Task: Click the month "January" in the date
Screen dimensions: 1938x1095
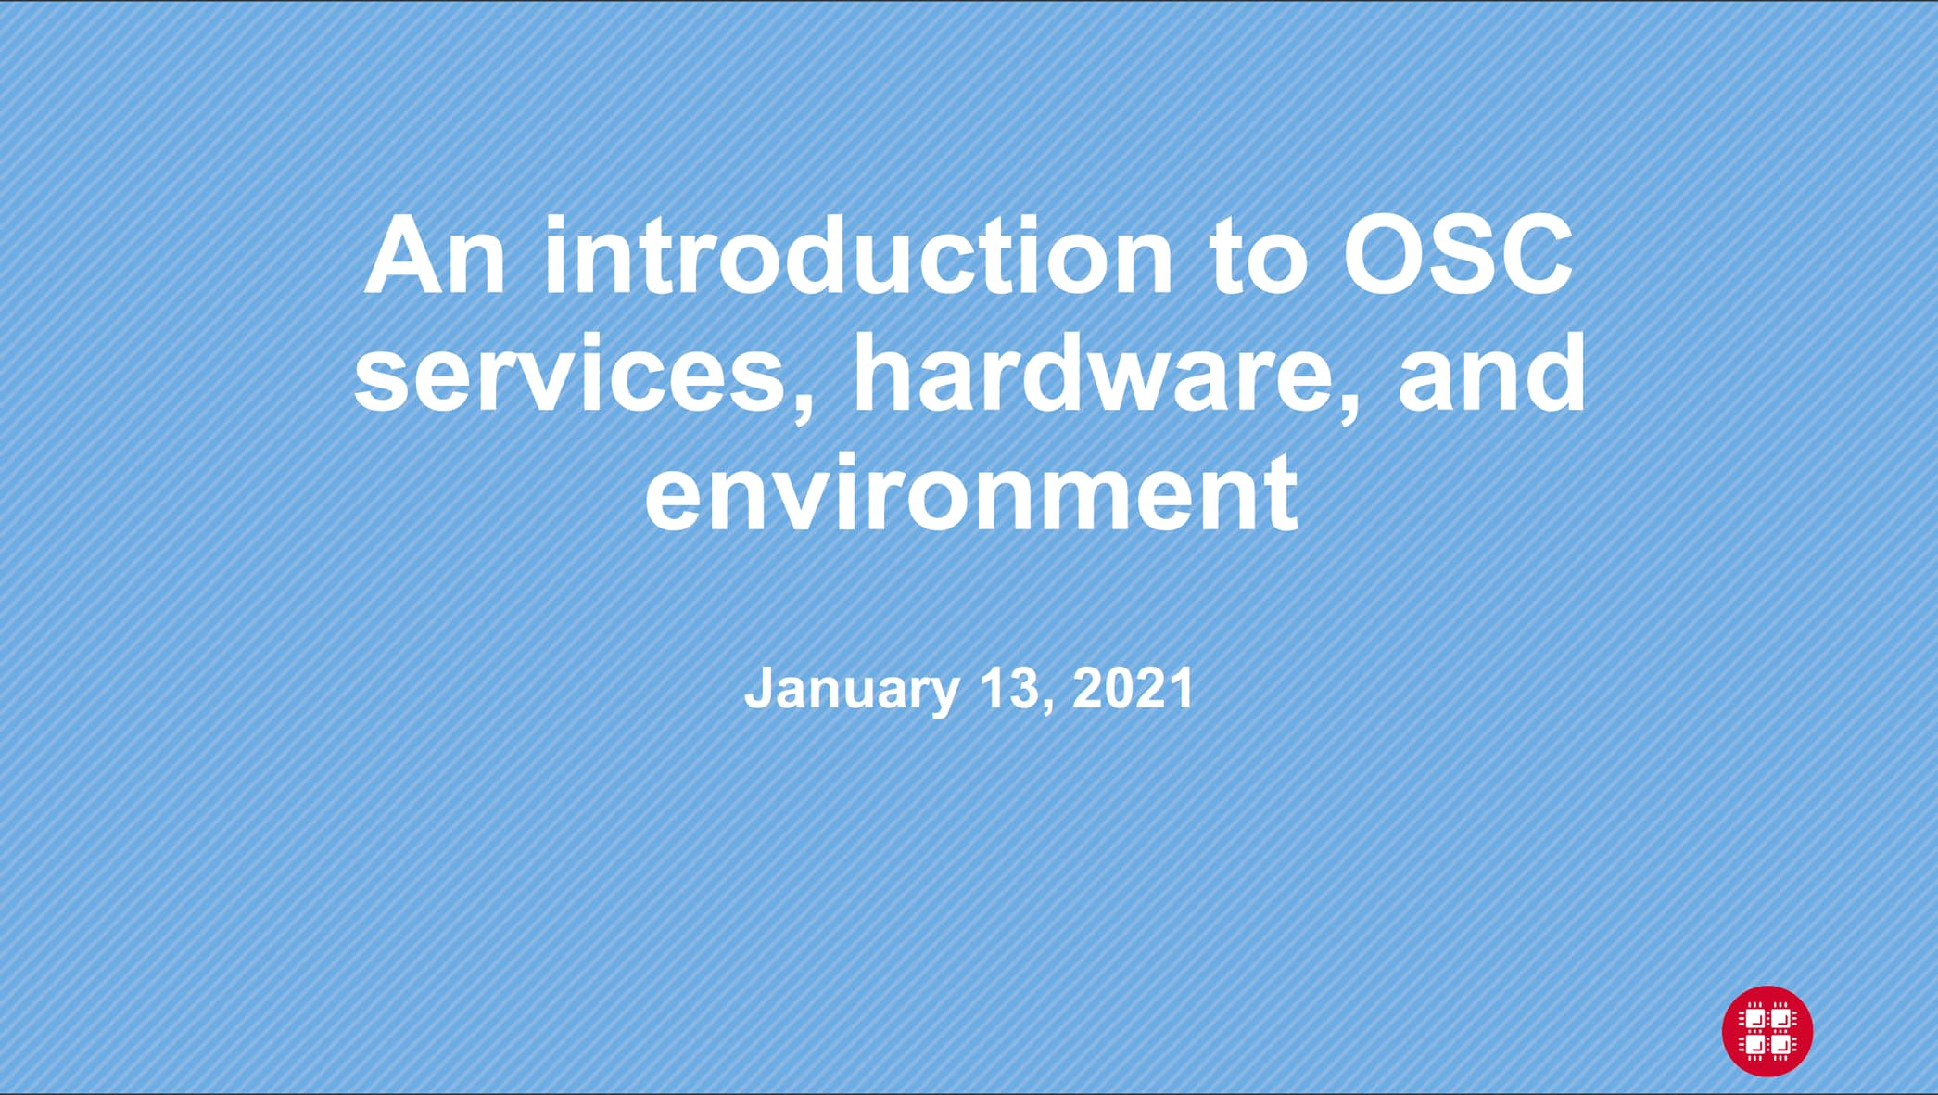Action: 851,690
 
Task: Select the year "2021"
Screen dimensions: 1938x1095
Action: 1133,688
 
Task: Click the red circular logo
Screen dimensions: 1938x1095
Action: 1767,1031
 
